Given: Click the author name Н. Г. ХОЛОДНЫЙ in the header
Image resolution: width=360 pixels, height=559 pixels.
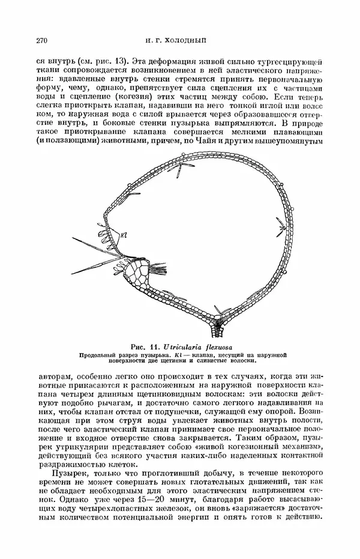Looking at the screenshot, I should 180,41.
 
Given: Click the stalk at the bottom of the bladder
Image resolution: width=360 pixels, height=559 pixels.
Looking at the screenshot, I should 214,328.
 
